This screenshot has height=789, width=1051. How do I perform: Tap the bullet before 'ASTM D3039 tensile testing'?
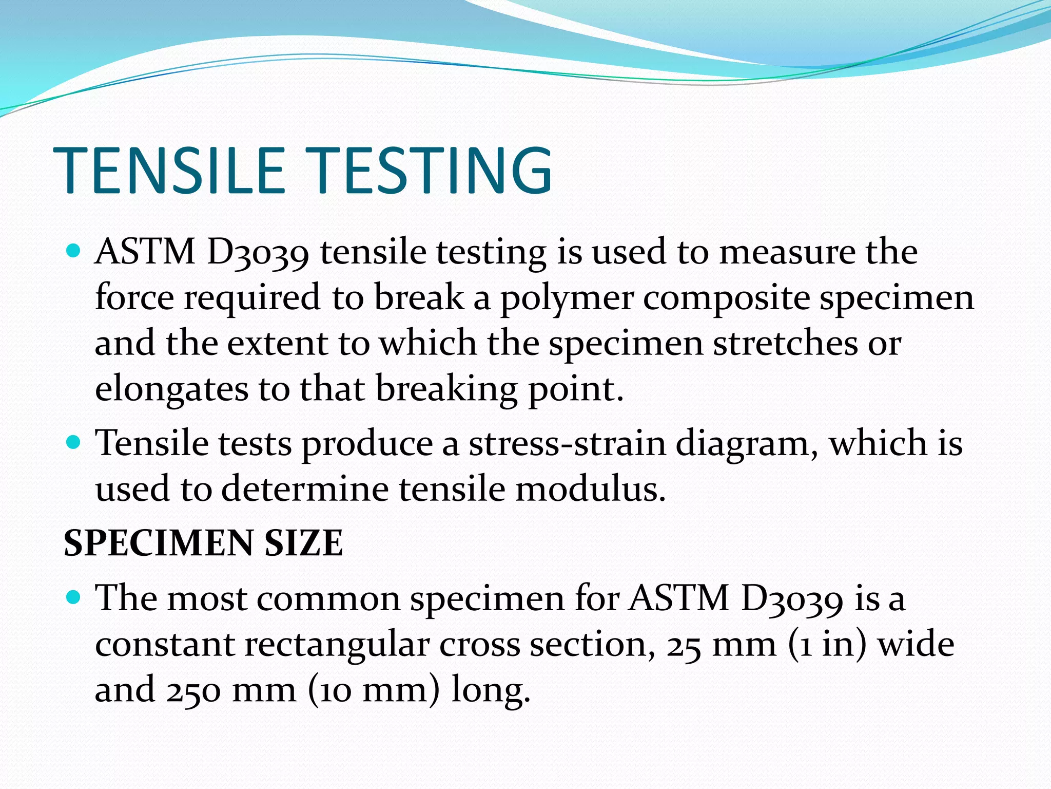click(x=74, y=251)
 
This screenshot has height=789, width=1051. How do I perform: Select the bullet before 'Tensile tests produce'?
click(x=74, y=442)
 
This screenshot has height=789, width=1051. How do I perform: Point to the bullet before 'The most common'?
click(x=74, y=597)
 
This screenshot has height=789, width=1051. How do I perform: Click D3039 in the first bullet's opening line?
click(x=258, y=253)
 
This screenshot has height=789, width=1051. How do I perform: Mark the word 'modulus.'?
click(x=590, y=489)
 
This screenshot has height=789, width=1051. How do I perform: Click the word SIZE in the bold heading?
click(x=303, y=543)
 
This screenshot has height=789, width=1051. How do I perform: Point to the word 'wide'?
click(x=916, y=644)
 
